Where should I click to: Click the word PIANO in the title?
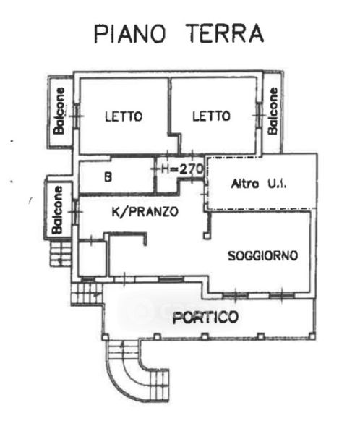[x=130, y=33]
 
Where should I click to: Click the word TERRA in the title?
[x=226, y=33]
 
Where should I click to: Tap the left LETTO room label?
[x=124, y=116]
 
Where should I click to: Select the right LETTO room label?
[x=211, y=116]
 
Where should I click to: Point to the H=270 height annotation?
[x=182, y=169]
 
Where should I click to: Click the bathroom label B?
[x=108, y=177]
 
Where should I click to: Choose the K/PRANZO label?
[x=145, y=212]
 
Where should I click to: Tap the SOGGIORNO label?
[x=262, y=255]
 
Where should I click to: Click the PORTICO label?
[x=205, y=318]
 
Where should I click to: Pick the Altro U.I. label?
[x=259, y=184]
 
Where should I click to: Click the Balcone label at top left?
[x=59, y=111]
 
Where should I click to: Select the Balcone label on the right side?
[x=273, y=111]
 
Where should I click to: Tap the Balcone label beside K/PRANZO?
[x=58, y=210]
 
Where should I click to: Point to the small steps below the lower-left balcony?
[x=60, y=254]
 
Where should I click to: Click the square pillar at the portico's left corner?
[x=105, y=337]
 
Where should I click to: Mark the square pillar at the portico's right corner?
[x=312, y=336]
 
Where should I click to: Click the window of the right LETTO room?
[x=259, y=115]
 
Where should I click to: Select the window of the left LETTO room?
[x=77, y=116]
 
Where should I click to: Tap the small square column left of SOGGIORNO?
[x=207, y=236]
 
